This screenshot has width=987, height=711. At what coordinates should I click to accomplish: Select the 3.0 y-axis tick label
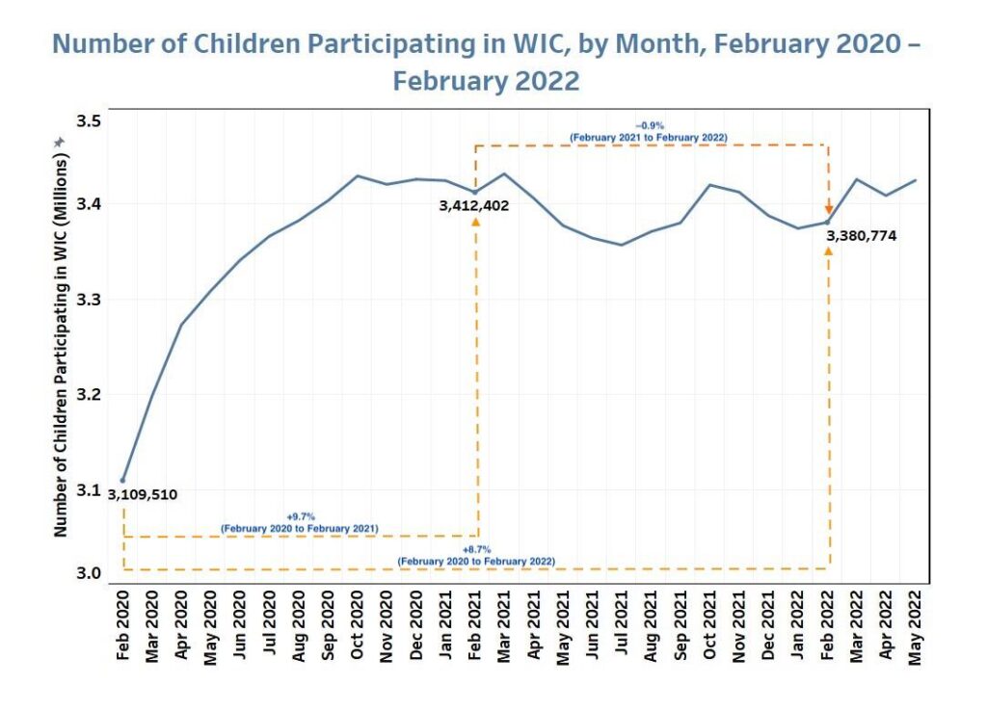(x=90, y=573)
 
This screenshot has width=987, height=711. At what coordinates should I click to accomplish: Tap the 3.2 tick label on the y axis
(x=90, y=395)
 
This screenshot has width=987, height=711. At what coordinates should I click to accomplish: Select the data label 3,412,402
(x=474, y=205)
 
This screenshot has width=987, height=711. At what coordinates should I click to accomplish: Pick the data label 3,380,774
(x=861, y=234)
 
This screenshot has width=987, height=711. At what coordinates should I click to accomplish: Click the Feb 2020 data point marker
(x=122, y=480)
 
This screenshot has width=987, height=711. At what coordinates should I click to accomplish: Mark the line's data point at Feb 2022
(x=828, y=223)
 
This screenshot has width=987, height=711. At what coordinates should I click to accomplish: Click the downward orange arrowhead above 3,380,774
(x=828, y=209)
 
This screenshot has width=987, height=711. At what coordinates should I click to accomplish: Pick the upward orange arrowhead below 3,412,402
(x=475, y=222)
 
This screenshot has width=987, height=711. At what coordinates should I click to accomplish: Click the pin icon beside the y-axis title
(x=60, y=142)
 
